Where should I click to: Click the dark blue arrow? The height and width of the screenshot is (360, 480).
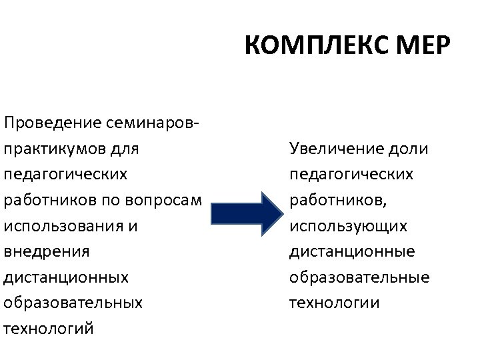click(x=247, y=213)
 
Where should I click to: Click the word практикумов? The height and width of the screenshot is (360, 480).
click(x=57, y=148)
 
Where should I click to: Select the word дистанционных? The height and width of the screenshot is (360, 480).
click(x=65, y=277)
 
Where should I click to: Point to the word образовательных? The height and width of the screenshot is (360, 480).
click(x=73, y=303)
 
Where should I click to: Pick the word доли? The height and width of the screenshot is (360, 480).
click(x=412, y=148)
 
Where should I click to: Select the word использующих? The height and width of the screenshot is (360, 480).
click(x=348, y=226)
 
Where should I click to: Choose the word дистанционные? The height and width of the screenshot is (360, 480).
click(x=352, y=251)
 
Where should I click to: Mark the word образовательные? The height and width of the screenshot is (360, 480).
click(x=359, y=277)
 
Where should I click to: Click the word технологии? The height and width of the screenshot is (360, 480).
click(x=334, y=303)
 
